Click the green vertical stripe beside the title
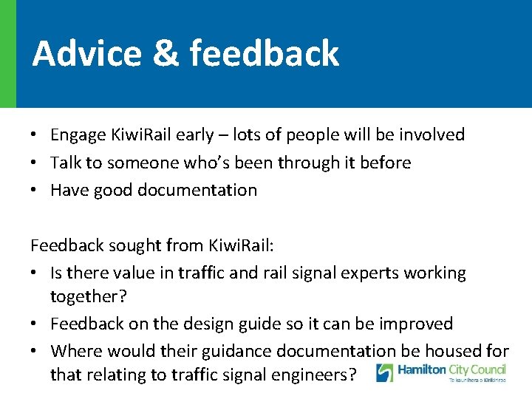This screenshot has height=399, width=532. tap(7, 53)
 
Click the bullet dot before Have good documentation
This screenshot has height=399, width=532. tap(35, 191)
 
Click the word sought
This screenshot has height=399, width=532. tap(137, 245)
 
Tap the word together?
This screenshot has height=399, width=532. tap(85, 296)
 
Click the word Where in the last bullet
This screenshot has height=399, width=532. tap(74, 351)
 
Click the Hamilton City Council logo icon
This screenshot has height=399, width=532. tap(385, 372)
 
